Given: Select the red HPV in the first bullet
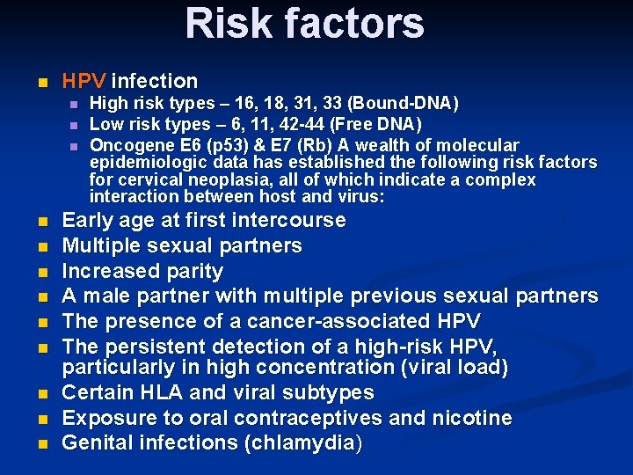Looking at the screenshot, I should pyautogui.click(x=84, y=81).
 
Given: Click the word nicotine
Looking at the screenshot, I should pyautogui.click(x=474, y=418).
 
